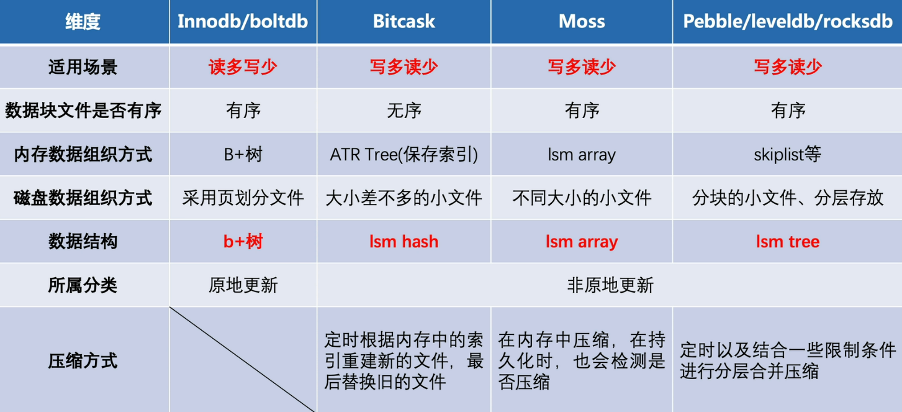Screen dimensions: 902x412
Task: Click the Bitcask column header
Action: point(404,21)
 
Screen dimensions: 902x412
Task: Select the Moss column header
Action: point(582,21)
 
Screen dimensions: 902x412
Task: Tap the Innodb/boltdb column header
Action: point(243,21)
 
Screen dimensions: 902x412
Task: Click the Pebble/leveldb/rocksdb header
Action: point(788,21)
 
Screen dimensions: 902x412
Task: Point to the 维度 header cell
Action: point(83,21)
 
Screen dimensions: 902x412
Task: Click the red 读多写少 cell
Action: point(243,67)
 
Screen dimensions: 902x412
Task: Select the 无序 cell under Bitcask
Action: point(404,111)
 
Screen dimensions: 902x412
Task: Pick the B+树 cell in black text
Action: point(243,154)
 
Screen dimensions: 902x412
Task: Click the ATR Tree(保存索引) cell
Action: point(404,154)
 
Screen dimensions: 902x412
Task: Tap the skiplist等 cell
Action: point(788,154)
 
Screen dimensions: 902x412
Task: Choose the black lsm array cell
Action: point(582,154)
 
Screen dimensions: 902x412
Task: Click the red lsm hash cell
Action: point(404,242)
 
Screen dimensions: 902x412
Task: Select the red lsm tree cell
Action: point(788,242)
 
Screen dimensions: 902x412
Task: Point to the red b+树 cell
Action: point(243,242)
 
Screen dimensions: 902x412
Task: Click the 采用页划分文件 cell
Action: point(243,198)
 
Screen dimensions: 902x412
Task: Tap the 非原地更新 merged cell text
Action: point(610,285)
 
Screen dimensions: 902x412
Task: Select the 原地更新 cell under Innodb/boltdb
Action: point(243,285)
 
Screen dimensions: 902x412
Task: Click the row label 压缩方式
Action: point(83,360)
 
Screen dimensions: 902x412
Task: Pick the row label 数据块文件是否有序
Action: point(83,111)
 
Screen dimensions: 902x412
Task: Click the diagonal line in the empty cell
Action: point(243,360)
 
